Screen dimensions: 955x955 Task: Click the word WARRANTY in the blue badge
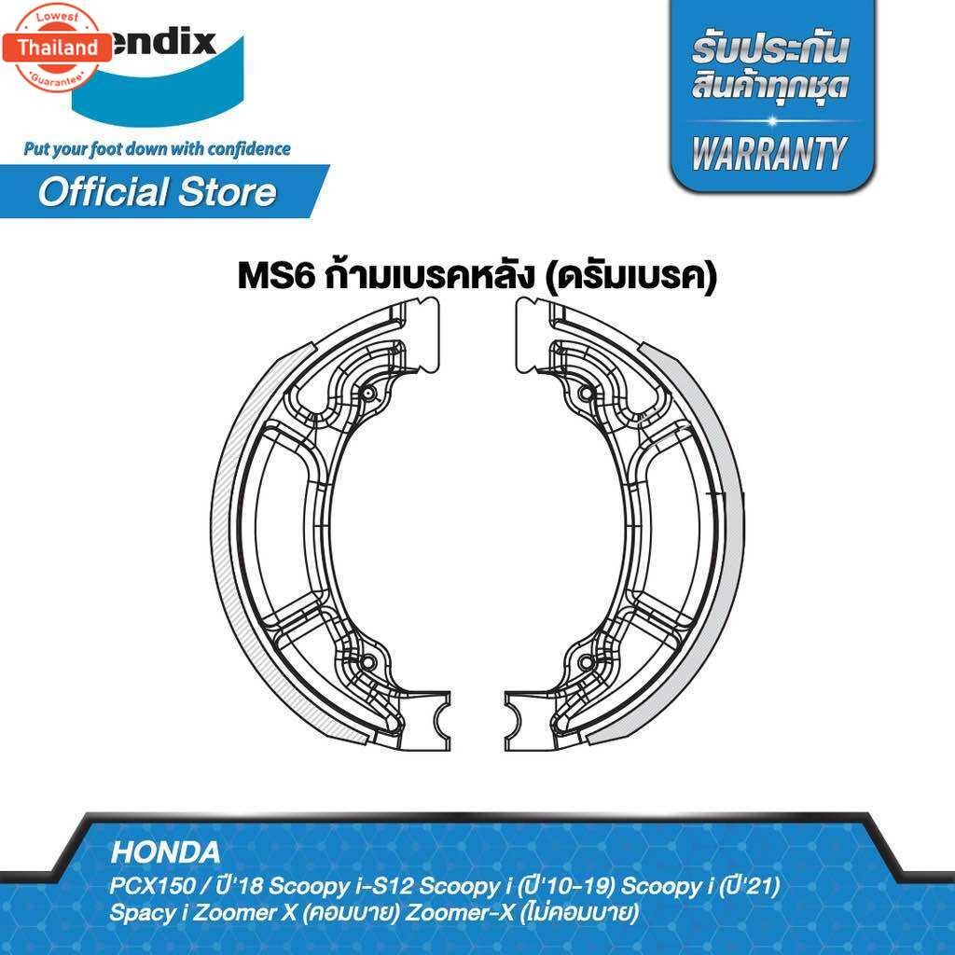coord(772,151)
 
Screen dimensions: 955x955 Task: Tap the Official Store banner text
coord(157,192)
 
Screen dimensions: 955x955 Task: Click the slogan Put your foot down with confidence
coord(158,148)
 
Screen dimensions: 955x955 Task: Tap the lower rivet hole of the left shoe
coord(367,663)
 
